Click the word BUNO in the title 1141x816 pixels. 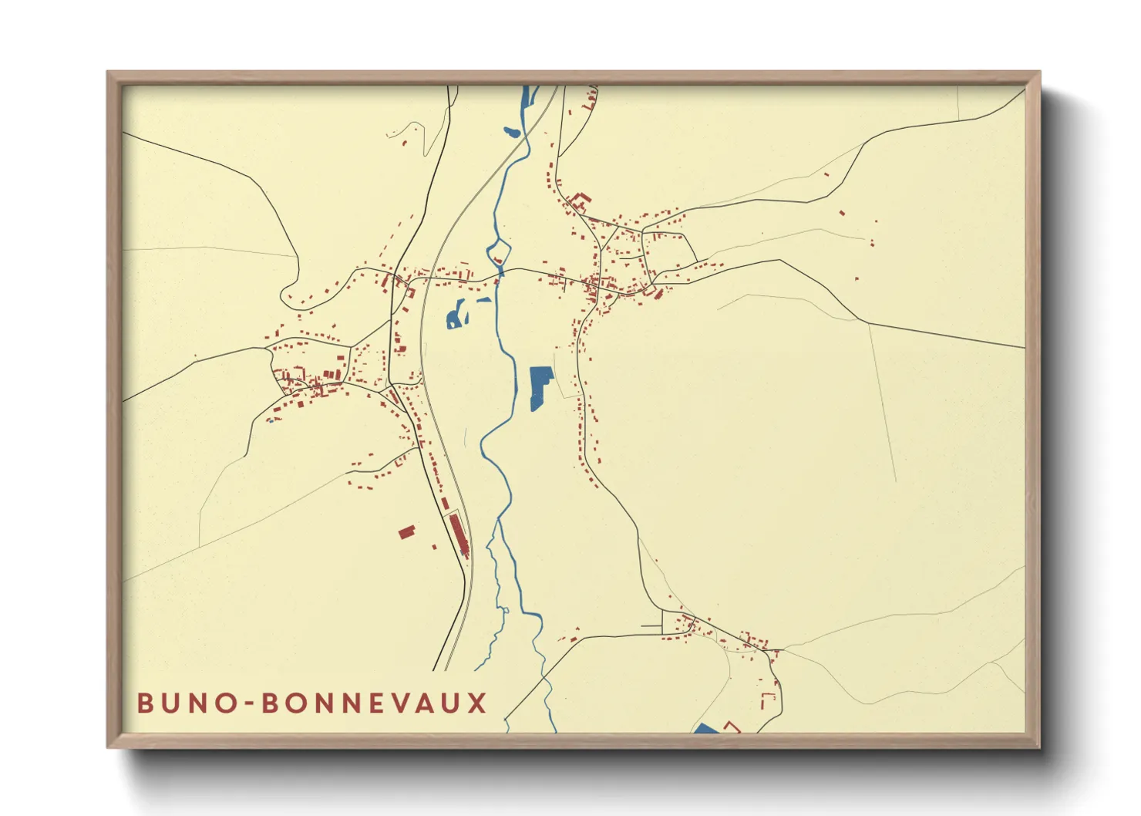[x=186, y=703]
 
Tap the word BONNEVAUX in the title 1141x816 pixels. [x=375, y=703]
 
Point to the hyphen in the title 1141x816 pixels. [x=250, y=704]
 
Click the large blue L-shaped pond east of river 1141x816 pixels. [x=540, y=386]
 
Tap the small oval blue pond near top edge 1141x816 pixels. [x=512, y=133]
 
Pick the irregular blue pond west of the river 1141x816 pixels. [x=456, y=315]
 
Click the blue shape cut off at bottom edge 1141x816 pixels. [x=705, y=729]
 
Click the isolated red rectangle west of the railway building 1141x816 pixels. [x=406, y=531]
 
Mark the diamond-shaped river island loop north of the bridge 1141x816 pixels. [x=499, y=251]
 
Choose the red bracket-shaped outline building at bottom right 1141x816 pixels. [x=768, y=700]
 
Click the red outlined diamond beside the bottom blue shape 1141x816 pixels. [x=731, y=726]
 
